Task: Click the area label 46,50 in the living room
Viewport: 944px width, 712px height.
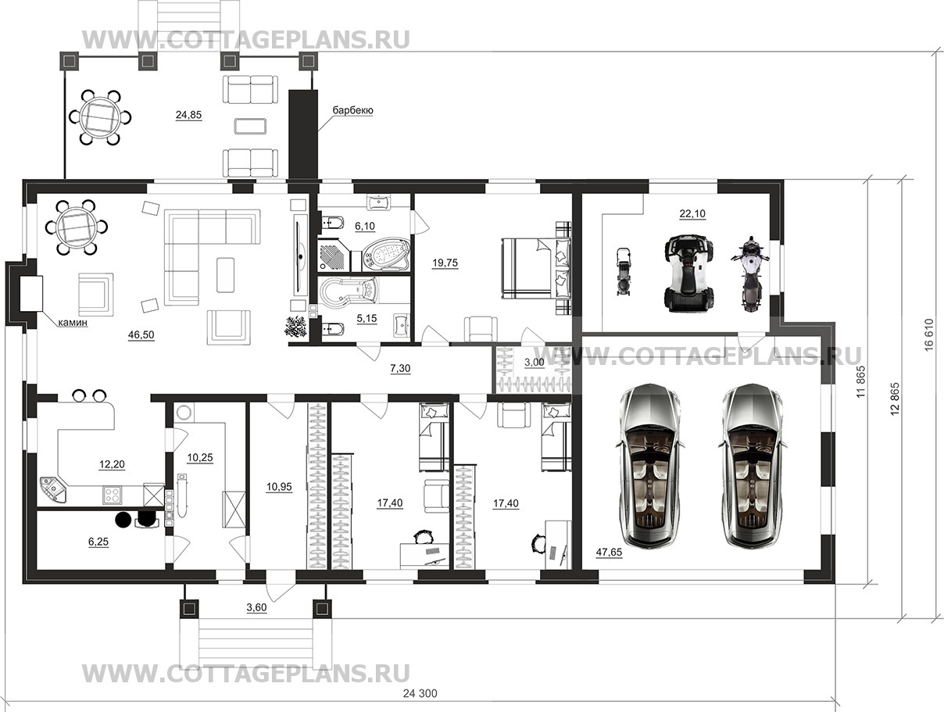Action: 141,335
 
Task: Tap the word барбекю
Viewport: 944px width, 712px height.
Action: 352,110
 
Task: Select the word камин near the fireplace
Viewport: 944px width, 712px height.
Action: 73,322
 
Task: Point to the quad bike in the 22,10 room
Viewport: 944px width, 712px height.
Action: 689,273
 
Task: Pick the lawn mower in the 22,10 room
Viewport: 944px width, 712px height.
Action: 622,271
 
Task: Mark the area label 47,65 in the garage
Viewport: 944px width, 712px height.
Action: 609,552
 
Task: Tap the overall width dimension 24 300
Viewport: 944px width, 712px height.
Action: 420,693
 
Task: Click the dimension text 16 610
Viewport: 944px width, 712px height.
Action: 929,335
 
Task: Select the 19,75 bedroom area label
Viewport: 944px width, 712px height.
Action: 445,263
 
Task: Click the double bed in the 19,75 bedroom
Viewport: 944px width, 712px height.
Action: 536,269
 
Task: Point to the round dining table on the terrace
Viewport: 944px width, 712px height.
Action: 101,117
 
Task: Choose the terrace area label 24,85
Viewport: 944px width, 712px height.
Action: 188,115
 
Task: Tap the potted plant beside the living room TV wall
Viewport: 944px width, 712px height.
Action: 295,327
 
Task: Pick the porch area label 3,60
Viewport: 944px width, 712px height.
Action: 256,607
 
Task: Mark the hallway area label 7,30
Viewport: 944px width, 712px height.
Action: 400,368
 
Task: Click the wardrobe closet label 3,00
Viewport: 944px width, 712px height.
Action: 535,363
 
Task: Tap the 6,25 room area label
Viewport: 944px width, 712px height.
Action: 98,542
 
